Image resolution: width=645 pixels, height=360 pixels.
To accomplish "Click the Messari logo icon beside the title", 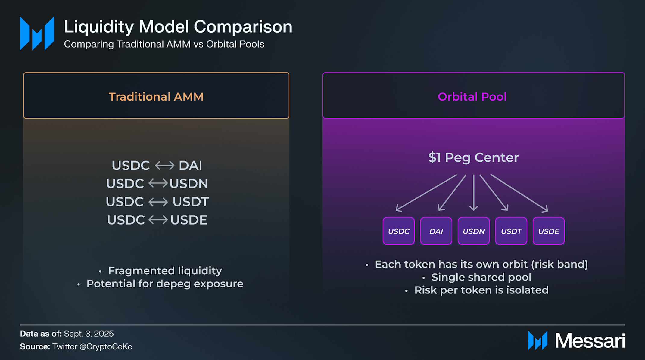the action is click(37, 33).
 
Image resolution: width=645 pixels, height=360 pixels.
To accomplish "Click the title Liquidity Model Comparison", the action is click(178, 26).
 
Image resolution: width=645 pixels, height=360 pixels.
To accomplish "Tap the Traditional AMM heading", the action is click(156, 97).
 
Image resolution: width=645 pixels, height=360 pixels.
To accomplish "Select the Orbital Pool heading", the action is click(472, 97).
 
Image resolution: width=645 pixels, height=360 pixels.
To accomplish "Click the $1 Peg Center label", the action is click(473, 157).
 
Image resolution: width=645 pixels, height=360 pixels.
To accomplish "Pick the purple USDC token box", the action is click(399, 231).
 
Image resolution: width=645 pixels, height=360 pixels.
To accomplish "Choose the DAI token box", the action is click(436, 231).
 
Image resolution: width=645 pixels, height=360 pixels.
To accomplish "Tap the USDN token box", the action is click(474, 231).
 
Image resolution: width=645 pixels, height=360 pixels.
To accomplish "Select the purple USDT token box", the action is click(511, 231).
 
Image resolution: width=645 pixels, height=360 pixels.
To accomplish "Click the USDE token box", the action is click(549, 231).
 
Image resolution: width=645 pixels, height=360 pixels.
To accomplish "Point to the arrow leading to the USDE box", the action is click(519, 193).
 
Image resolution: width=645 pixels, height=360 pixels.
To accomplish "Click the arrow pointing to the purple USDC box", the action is click(426, 193).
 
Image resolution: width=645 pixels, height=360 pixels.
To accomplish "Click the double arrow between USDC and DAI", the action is click(164, 165).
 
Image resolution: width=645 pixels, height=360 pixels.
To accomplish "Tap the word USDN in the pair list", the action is click(189, 184).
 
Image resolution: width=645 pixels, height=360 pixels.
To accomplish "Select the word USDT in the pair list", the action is click(191, 202).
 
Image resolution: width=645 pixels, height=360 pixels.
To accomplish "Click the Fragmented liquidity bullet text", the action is click(165, 271).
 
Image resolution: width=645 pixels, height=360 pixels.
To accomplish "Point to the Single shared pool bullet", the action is click(481, 277).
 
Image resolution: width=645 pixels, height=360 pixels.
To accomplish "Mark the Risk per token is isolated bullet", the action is click(481, 290).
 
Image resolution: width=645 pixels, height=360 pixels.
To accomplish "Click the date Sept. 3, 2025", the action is click(89, 334).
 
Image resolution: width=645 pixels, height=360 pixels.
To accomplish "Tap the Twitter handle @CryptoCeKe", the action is click(106, 347).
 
